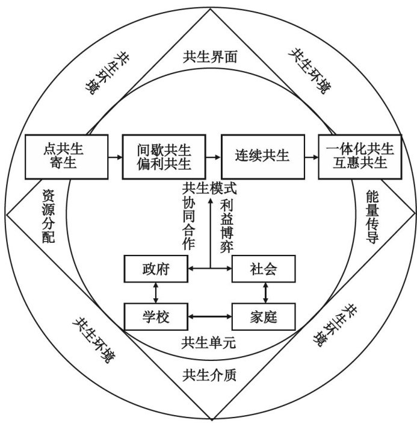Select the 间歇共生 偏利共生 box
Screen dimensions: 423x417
pyautogui.click(x=164, y=157)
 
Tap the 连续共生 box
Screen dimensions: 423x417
pyautogui.click(x=262, y=157)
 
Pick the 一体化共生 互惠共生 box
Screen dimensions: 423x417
pyautogui.click(x=360, y=157)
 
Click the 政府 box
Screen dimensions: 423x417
pyautogui.click(x=156, y=269)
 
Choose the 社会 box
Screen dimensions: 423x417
pyautogui.click(x=264, y=269)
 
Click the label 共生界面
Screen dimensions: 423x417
pyautogui.click(x=210, y=57)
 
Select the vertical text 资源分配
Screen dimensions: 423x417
pyautogui.click(x=49, y=216)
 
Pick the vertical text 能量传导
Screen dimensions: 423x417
pyautogui.click(x=371, y=216)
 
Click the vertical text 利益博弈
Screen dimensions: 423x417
pyautogui.click(x=227, y=225)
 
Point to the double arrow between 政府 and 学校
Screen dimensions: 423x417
pyautogui.click(x=156, y=292)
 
